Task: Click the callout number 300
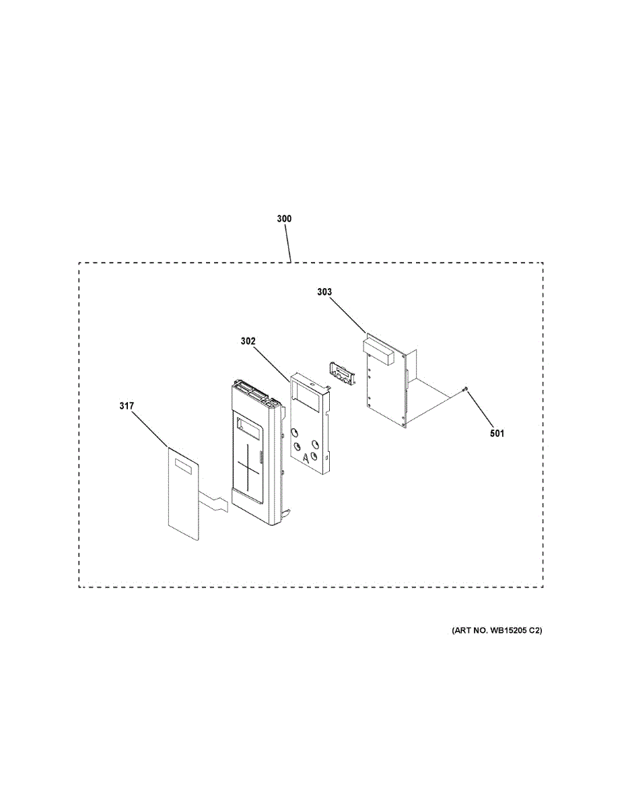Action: point(284,219)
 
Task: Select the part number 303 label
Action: point(324,292)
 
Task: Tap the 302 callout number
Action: point(248,341)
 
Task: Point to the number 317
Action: point(127,405)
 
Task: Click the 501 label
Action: point(497,433)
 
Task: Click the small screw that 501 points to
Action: point(465,389)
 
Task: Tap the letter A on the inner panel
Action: point(306,459)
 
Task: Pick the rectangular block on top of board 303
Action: point(376,351)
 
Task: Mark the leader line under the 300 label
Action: point(287,243)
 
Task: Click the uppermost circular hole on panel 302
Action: point(294,432)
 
